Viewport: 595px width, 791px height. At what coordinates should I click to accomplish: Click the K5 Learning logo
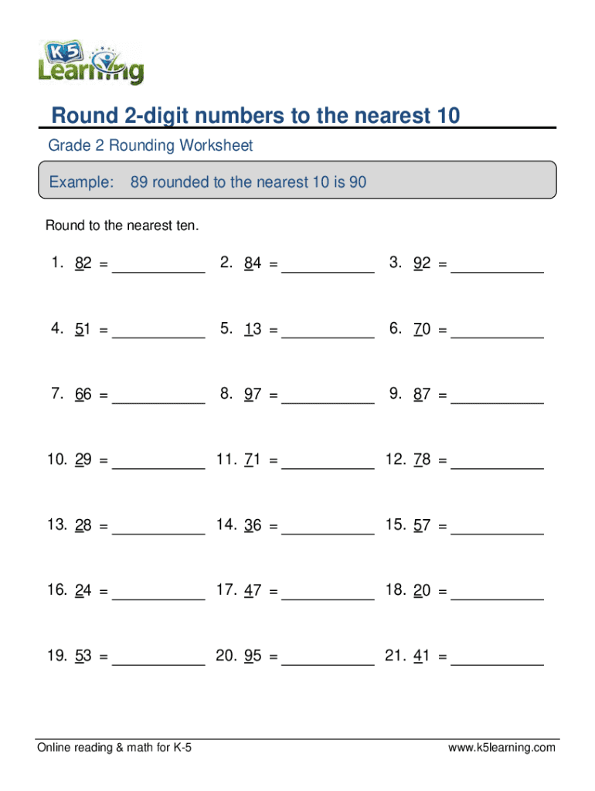click(x=91, y=59)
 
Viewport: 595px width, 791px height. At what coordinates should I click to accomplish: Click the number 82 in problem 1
click(x=83, y=264)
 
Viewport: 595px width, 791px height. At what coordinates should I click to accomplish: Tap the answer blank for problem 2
click(x=328, y=270)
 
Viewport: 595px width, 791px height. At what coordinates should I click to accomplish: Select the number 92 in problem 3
click(x=422, y=264)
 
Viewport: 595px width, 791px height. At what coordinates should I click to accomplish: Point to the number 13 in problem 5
click(x=253, y=330)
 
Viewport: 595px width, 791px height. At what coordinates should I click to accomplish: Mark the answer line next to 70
click(x=497, y=336)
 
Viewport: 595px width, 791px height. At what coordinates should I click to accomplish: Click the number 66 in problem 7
click(x=83, y=395)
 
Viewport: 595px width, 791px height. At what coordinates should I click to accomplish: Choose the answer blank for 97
click(x=328, y=402)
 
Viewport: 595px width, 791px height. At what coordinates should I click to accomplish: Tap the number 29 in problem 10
click(x=83, y=460)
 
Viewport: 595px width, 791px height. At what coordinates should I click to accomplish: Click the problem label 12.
click(x=395, y=460)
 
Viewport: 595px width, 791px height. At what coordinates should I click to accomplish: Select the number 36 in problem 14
click(x=253, y=526)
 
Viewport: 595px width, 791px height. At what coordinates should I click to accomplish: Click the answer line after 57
click(x=497, y=532)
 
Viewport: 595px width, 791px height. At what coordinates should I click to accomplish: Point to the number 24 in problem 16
click(x=83, y=592)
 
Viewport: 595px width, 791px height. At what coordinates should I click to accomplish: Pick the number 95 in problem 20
click(x=253, y=657)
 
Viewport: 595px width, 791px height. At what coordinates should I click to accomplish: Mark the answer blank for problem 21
click(x=497, y=663)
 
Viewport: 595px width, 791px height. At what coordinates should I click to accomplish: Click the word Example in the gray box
click(x=81, y=183)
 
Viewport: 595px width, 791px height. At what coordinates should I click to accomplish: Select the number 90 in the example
click(x=357, y=183)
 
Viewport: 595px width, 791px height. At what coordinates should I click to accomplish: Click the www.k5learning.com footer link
click(x=502, y=748)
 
